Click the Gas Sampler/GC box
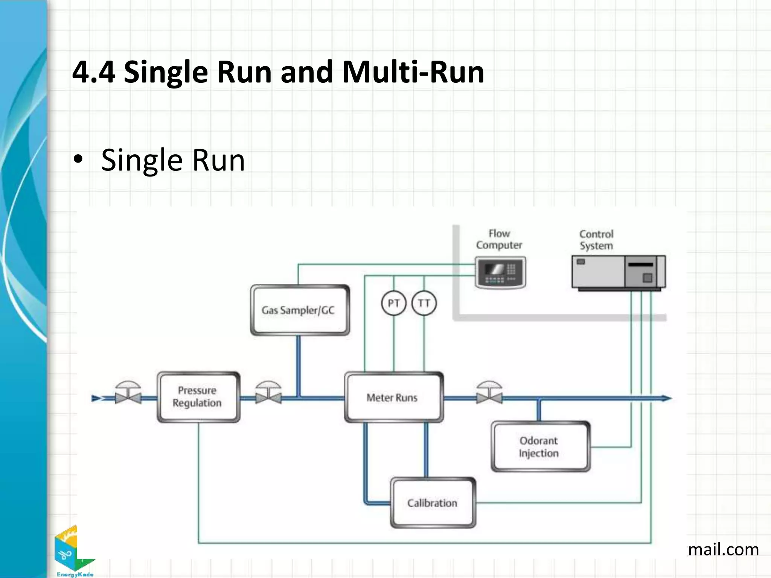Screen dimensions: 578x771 point(300,310)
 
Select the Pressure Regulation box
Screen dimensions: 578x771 point(198,397)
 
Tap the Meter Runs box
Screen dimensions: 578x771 point(393,397)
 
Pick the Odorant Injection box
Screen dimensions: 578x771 point(540,447)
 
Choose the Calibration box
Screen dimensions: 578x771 point(433,503)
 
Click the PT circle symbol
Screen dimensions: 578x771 point(393,303)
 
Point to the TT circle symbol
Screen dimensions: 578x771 point(424,303)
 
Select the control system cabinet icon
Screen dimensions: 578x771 point(618,272)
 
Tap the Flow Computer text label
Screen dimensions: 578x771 point(499,239)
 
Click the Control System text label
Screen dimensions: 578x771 point(596,240)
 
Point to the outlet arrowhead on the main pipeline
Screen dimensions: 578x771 point(666,398)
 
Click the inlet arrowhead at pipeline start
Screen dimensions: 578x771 point(96,398)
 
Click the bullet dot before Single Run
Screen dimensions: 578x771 point(78,160)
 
